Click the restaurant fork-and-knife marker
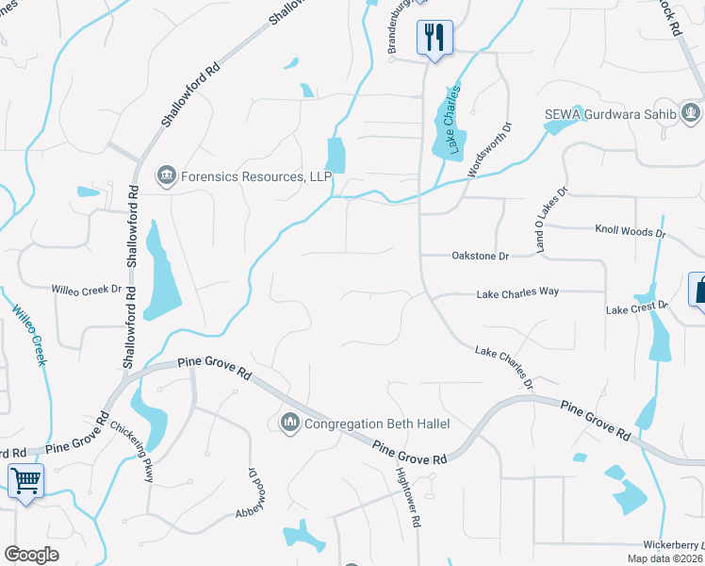click(x=434, y=38)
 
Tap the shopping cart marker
click(x=26, y=482)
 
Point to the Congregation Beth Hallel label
click(x=377, y=424)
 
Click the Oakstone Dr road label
click(x=480, y=256)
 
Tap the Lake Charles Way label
click(x=518, y=292)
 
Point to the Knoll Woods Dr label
click(x=630, y=230)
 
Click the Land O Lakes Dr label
click(x=552, y=219)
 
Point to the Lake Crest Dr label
click(x=636, y=308)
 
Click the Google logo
click(x=31, y=555)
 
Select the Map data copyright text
click(x=665, y=558)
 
